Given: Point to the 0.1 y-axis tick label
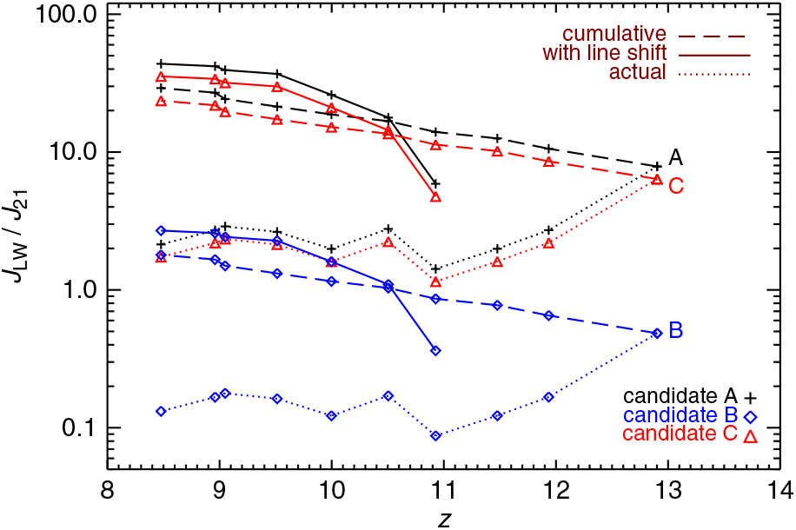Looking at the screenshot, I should pyautogui.click(x=78, y=428).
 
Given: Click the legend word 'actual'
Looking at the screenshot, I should pyautogui.click(x=637, y=72).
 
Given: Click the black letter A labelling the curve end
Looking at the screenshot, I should pyautogui.click(x=675, y=158).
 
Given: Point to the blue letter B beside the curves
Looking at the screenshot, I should pyautogui.click(x=675, y=331).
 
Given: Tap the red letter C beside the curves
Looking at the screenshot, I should pyautogui.click(x=676, y=185).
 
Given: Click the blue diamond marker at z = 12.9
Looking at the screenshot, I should pyautogui.click(x=657, y=333).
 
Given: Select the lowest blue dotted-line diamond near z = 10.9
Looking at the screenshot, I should pyautogui.click(x=436, y=435).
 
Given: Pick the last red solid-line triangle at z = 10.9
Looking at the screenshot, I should pyautogui.click(x=436, y=197).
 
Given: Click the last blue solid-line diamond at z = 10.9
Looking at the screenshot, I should pyautogui.click(x=436, y=350).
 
